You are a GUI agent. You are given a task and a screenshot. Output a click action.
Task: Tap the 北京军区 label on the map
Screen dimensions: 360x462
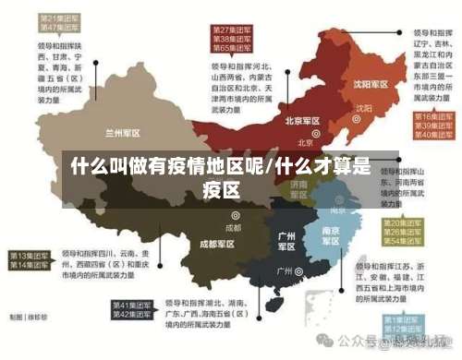click(302, 121)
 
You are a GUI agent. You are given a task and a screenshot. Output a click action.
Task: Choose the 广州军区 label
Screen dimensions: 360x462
click(286, 241)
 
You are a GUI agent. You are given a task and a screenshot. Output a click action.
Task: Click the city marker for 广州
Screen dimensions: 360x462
click(299, 271)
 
